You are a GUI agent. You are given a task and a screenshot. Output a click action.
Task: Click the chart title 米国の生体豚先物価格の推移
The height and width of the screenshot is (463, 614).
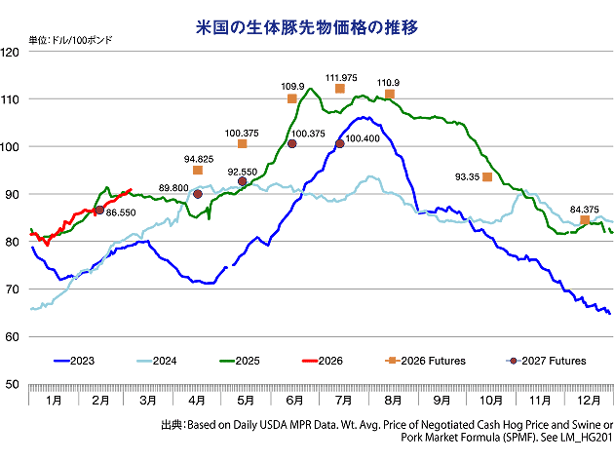(307, 26)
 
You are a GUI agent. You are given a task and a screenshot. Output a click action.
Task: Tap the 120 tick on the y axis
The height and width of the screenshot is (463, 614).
(13, 52)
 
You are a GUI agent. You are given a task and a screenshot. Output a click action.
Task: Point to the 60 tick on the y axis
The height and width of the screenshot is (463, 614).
(13, 336)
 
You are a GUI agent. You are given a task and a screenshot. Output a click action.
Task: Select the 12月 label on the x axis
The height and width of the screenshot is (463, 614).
(588, 400)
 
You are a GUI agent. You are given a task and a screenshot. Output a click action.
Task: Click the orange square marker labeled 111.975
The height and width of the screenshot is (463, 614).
(340, 89)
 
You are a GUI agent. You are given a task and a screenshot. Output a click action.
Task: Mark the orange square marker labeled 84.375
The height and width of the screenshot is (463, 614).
(585, 220)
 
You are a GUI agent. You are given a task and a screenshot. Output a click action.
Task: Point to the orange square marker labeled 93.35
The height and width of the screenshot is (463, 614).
(487, 176)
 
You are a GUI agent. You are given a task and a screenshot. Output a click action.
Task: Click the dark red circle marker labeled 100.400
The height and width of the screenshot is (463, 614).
(340, 144)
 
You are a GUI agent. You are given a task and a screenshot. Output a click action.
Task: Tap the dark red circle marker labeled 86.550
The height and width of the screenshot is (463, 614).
(99, 210)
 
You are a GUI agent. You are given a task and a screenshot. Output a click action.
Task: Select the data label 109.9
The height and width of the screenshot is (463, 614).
(292, 86)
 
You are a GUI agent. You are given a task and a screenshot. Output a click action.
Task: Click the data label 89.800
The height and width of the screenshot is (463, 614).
(173, 187)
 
